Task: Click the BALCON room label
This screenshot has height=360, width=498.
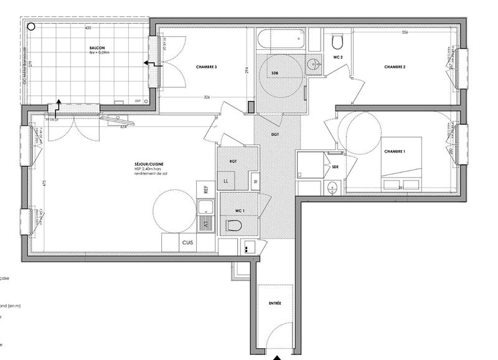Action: (96, 48)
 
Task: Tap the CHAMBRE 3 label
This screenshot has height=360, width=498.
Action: (206, 67)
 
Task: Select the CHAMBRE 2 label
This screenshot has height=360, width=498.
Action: (395, 67)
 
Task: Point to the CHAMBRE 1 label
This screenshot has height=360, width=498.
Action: (395, 151)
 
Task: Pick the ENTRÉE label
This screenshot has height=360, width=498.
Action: (275, 303)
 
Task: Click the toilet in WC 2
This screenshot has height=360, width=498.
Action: (338, 42)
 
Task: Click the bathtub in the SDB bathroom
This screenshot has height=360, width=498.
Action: (282, 40)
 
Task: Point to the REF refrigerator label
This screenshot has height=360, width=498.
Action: (203, 188)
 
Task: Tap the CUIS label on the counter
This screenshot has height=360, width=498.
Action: (187, 243)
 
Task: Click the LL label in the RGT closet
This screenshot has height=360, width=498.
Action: (225, 181)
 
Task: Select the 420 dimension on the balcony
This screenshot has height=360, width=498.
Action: (88, 29)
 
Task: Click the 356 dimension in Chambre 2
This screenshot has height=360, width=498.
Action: (405, 32)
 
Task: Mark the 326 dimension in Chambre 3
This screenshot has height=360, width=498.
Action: (206, 97)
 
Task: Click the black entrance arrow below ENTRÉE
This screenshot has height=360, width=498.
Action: (276, 356)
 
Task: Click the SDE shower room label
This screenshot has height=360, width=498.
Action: (336, 166)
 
